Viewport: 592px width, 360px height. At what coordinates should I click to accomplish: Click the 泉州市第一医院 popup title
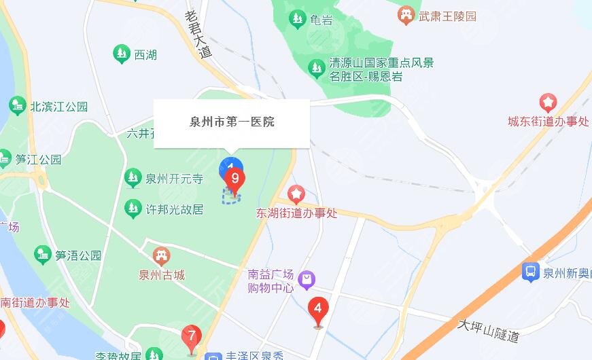[232, 122]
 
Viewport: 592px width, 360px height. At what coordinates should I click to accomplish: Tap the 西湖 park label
[145, 54]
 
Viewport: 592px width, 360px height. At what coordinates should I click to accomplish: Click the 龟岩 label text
[321, 20]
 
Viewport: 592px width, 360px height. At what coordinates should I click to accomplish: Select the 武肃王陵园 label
[448, 16]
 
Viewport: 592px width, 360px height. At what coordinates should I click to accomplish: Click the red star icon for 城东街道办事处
[548, 103]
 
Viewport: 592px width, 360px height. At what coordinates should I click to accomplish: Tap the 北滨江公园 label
[59, 107]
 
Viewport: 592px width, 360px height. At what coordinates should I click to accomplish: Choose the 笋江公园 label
[39, 160]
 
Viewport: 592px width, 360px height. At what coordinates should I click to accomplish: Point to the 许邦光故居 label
[175, 209]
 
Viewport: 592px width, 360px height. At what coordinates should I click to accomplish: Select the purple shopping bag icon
[307, 278]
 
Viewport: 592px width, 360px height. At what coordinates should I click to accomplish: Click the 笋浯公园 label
[78, 255]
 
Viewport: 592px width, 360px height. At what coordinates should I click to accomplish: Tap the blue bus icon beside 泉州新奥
[530, 272]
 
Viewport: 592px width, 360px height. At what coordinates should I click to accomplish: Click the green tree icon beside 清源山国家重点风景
[316, 67]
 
